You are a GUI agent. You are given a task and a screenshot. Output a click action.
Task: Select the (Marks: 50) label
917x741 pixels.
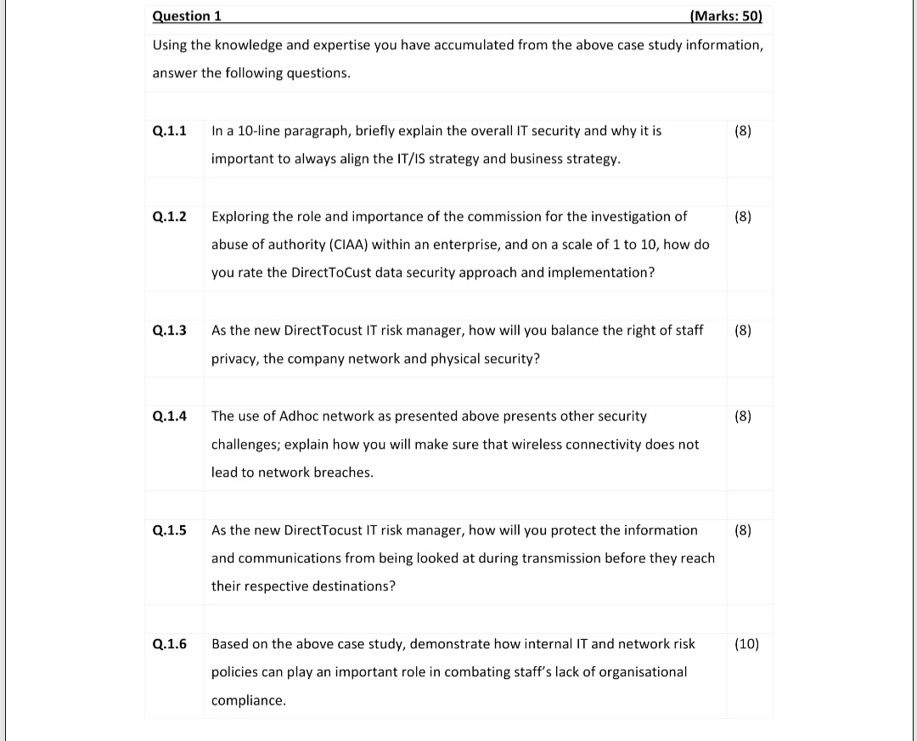[x=727, y=16]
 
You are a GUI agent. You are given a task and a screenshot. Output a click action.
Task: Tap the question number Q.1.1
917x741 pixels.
[x=170, y=131]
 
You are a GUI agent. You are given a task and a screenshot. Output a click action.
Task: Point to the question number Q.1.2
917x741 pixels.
[x=170, y=217]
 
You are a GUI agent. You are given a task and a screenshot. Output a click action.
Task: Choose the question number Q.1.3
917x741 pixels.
[x=170, y=331]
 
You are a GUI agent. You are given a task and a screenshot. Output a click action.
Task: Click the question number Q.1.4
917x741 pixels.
[x=170, y=416]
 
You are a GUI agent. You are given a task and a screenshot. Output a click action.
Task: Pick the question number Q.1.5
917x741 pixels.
[x=170, y=530]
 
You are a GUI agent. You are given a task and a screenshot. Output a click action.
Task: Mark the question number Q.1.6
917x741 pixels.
[x=170, y=644]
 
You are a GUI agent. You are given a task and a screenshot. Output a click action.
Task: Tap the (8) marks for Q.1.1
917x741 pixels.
[x=742, y=131]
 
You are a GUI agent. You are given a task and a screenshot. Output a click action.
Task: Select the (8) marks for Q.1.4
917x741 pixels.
[x=742, y=416]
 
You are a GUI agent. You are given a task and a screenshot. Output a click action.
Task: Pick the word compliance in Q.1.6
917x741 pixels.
[x=248, y=701]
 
